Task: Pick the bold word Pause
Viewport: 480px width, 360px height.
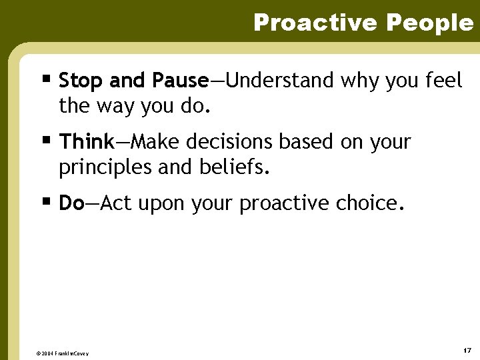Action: [180, 81]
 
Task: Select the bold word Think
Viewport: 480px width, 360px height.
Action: [87, 142]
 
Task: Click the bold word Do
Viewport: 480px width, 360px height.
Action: [71, 203]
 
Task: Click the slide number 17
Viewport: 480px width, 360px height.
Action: [467, 350]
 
